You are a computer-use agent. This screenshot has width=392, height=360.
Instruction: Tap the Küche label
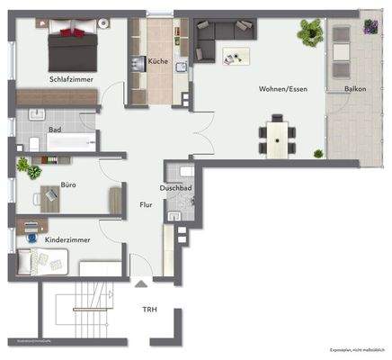(158, 60)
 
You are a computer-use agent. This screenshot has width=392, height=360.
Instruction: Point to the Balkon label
(354, 89)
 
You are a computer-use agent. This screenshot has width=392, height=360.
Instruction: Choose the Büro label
(68, 184)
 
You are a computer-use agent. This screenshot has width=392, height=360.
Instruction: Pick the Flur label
(145, 205)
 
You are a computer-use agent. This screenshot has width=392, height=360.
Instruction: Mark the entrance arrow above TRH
(140, 284)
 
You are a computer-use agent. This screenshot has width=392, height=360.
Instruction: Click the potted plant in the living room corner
(311, 33)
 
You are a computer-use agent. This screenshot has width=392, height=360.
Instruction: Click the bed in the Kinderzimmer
(40, 262)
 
